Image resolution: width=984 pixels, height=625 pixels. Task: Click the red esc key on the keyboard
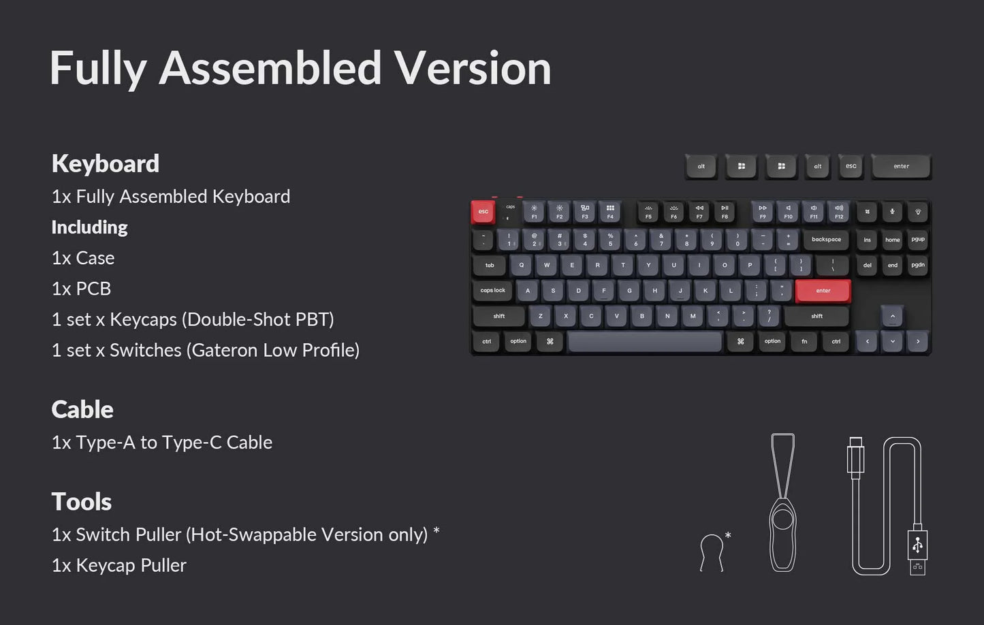(483, 212)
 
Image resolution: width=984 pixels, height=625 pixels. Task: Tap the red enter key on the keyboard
(823, 291)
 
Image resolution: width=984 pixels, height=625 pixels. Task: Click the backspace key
(826, 240)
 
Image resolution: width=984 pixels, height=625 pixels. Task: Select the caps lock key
(492, 291)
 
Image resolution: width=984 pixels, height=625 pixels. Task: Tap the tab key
(490, 266)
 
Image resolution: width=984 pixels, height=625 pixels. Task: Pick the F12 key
(839, 212)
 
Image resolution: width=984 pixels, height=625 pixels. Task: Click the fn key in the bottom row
(804, 342)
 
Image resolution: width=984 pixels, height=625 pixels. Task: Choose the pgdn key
(918, 266)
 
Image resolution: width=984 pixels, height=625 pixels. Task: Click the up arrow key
(892, 316)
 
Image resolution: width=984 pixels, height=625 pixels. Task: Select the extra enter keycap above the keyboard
(901, 166)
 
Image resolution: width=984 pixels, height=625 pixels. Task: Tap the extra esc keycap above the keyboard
(851, 166)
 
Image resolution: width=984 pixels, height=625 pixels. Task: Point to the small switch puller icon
(712, 551)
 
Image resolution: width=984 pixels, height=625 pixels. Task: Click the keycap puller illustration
(783, 504)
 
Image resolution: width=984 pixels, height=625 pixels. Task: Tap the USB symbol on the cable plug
(917, 544)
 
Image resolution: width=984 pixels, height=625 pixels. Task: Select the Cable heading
(82, 409)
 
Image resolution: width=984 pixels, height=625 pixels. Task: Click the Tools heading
(81, 502)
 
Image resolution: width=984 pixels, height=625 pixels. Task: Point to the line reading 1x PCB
(81, 289)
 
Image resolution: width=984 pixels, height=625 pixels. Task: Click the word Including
(89, 227)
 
